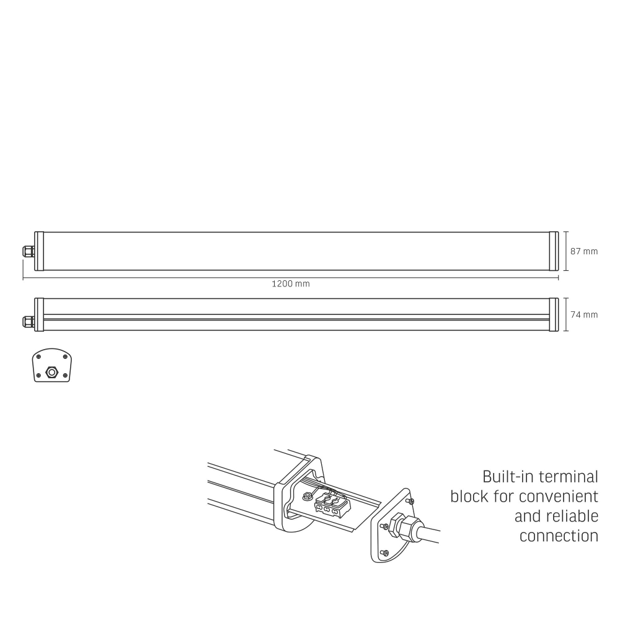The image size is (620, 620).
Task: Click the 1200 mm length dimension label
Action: coord(290,284)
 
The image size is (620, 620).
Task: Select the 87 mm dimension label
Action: coord(583,251)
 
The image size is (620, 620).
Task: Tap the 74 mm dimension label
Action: coord(583,314)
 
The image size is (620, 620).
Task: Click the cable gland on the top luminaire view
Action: coord(29,251)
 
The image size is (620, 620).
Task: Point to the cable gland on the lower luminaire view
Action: coord(29,321)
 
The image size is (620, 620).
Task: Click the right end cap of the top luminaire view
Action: coord(554,251)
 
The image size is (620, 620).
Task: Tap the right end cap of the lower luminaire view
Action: coord(554,314)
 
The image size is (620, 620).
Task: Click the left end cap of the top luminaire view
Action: coord(39,251)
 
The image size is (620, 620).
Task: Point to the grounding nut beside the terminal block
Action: coord(307,496)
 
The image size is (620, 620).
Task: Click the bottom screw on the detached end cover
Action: coord(384,552)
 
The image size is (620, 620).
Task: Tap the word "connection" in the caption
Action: coord(559,536)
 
